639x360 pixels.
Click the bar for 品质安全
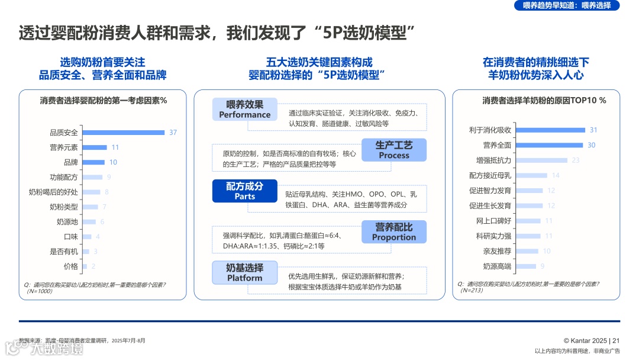(x=122, y=132)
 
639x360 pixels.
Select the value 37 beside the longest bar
(x=173, y=133)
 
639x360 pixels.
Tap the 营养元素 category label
(x=63, y=147)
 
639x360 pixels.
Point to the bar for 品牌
(x=93, y=162)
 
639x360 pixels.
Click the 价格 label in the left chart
(x=70, y=266)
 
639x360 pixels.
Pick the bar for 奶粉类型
(x=90, y=207)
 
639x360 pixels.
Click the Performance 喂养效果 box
(x=244, y=110)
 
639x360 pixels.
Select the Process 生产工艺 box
(x=394, y=150)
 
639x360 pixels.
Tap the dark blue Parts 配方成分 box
(x=244, y=191)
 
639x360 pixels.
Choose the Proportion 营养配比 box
(x=394, y=232)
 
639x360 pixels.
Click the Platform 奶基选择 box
(x=244, y=272)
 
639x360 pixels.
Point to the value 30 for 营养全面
(x=592, y=145)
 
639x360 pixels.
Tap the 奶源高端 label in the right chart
(x=497, y=266)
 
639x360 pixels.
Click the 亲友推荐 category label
(x=497, y=251)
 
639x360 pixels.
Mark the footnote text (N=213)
(x=472, y=290)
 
